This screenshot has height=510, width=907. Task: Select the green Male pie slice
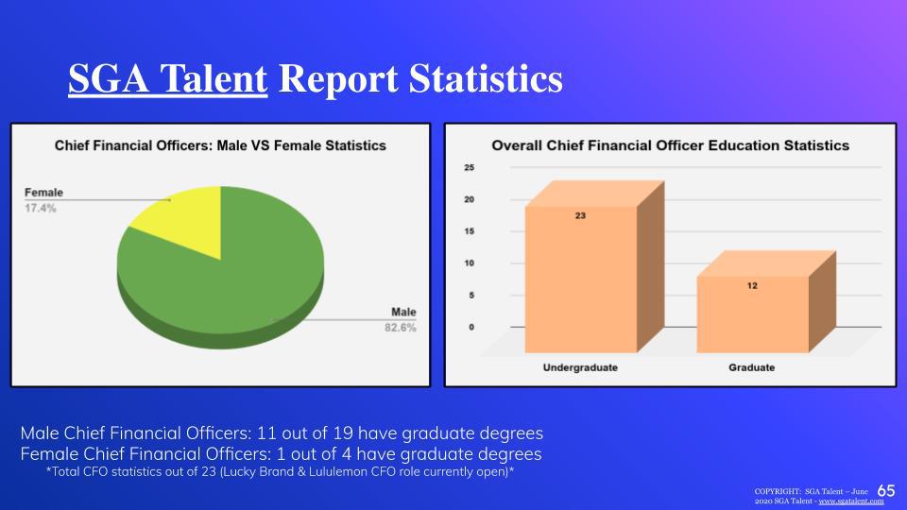click(x=231, y=283)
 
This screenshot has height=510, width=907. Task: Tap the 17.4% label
click(x=41, y=208)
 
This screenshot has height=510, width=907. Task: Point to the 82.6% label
click(x=401, y=328)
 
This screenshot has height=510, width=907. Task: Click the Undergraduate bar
click(x=581, y=279)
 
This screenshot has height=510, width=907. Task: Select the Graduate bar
click(x=753, y=314)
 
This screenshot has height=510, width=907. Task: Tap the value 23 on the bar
click(x=580, y=215)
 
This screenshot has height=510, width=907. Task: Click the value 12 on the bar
click(x=752, y=285)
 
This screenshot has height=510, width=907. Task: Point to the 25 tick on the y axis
click(x=470, y=168)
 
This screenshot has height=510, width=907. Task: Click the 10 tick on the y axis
click(x=470, y=263)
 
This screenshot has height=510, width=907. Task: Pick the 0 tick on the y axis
click(x=471, y=328)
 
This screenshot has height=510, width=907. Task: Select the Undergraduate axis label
click(x=580, y=367)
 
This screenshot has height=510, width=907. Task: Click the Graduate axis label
click(x=751, y=367)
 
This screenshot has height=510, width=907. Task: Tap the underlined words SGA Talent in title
click(x=168, y=78)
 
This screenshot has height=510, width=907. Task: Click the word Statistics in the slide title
click(x=486, y=78)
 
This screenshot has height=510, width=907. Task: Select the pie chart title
click(x=220, y=145)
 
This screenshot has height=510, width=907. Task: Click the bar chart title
click(x=671, y=145)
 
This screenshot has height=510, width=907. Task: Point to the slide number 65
click(x=886, y=490)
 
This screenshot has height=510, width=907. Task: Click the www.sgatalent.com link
click(x=851, y=501)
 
